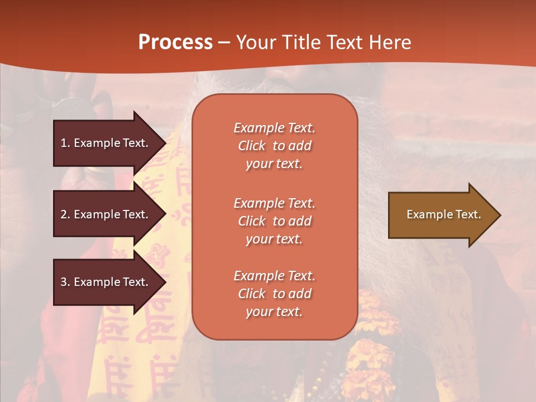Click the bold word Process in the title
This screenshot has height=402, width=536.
click(175, 42)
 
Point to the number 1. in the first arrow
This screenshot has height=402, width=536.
click(65, 143)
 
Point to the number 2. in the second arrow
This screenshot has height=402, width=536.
click(65, 214)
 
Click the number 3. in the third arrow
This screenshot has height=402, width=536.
click(65, 282)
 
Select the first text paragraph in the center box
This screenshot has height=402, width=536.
click(274, 146)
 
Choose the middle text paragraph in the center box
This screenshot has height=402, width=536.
click(274, 221)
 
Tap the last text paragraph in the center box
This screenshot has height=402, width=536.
click(274, 294)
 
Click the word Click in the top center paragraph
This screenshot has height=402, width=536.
click(252, 146)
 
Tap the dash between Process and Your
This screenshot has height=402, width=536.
click(224, 42)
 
